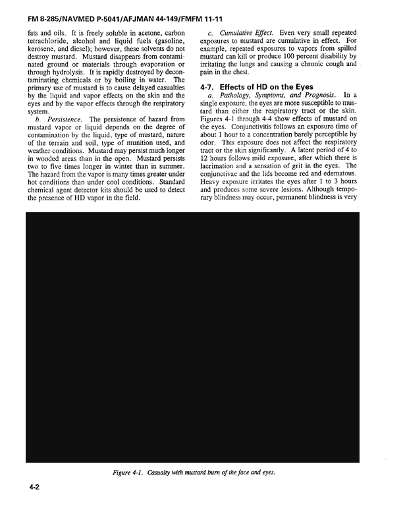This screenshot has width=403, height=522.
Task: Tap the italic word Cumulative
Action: tap(239, 32)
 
